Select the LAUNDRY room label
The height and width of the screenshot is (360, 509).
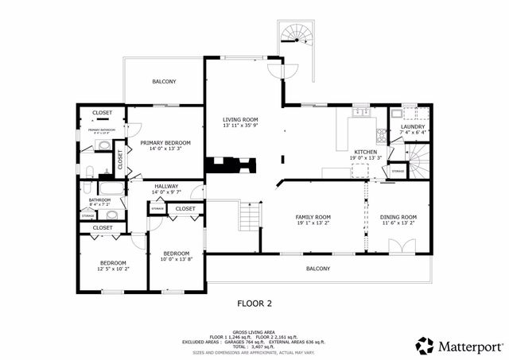click(x=412, y=126)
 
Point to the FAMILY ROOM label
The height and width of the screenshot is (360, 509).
click(x=313, y=217)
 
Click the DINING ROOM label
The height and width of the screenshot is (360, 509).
click(x=398, y=217)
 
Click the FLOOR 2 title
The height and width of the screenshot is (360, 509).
click(x=254, y=303)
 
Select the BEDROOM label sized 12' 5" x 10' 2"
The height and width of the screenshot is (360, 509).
click(x=112, y=263)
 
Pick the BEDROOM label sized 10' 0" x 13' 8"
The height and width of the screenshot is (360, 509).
click(x=175, y=254)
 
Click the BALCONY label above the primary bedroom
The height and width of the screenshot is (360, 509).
click(x=164, y=82)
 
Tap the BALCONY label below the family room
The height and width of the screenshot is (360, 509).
click(x=318, y=269)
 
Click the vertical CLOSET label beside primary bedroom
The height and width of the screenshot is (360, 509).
click(x=120, y=159)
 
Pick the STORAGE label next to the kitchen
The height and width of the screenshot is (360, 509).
click(x=398, y=171)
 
